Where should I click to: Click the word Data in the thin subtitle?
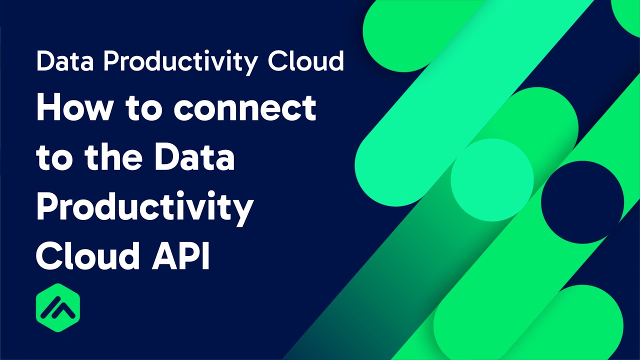click(65, 61)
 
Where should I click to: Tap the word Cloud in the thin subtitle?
click(306, 61)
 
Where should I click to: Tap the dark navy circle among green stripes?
click(582, 202)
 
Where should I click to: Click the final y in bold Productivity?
click(243, 211)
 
